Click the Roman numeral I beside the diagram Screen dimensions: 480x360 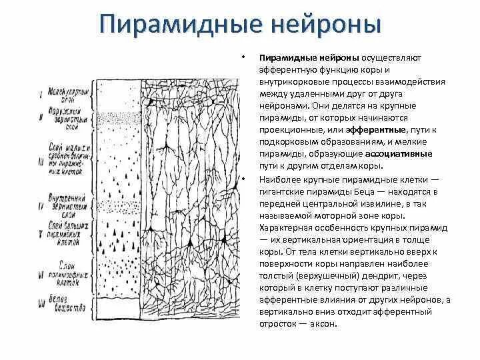[42, 95]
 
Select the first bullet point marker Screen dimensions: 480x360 [245, 57]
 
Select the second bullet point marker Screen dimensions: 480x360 [245, 179]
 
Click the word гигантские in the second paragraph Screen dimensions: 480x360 [281, 191]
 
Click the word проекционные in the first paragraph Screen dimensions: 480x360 [289, 130]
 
